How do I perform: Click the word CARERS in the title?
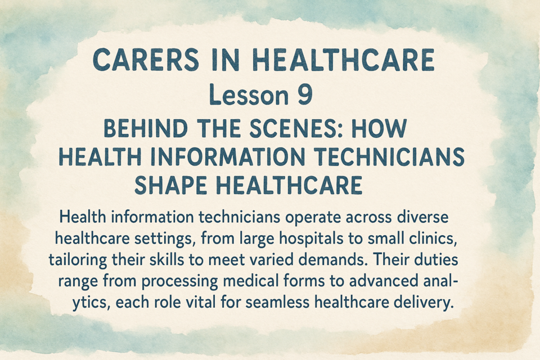(146, 60)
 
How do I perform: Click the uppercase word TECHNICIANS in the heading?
(389, 157)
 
